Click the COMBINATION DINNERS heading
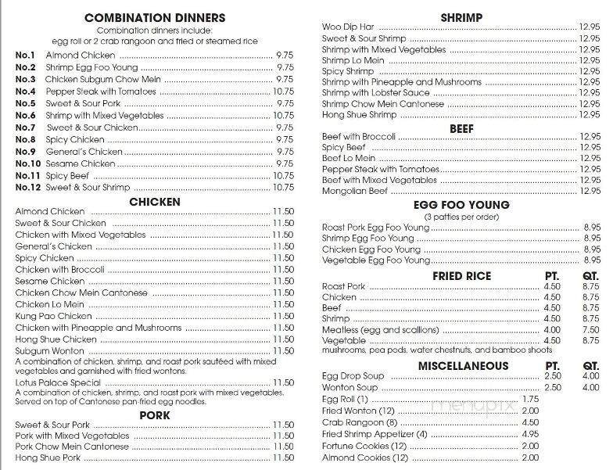154,17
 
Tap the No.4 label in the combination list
26,91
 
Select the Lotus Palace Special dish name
57,382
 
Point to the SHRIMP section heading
461,17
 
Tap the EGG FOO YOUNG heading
461,205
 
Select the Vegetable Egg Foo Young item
376,260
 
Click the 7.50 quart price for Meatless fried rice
590,330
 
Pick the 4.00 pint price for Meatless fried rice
552,330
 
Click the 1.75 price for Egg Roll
530,399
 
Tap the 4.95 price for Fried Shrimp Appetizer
530,434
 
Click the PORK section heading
154,414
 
